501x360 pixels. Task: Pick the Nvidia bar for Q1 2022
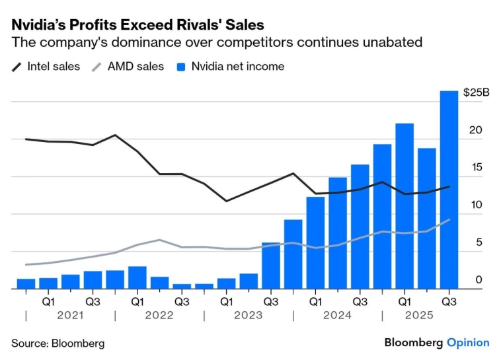pyautogui.click(x=137, y=277)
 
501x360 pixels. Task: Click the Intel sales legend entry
pyautogui.click(x=47, y=67)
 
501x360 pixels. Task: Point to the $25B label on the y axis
pyautogui.click(x=476, y=93)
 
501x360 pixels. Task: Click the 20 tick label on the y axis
pyautogui.click(x=470, y=131)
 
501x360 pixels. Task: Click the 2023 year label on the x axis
pyautogui.click(x=249, y=315)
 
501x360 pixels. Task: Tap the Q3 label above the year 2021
pyautogui.click(x=93, y=301)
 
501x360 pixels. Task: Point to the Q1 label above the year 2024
pyautogui.click(x=315, y=301)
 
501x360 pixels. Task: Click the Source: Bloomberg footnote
pyautogui.click(x=58, y=343)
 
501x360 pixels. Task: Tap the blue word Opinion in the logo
pyautogui.click(x=468, y=342)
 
